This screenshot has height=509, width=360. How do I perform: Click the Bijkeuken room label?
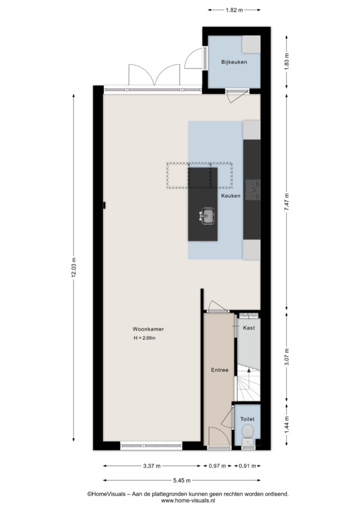pyautogui.click(x=234, y=62)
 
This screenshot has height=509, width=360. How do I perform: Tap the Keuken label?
pyautogui.click(x=231, y=196)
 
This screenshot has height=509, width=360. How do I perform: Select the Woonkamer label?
pyautogui.click(x=148, y=329)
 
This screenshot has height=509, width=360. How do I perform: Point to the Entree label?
pyautogui.click(x=220, y=370)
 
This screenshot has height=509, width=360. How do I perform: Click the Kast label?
pyautogui.click(x=249, y=328)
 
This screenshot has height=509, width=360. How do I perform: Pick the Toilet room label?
pyautogui.click(x=247, y=419)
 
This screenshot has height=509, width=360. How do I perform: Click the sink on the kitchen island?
pyautogui.click(x=207, y=216)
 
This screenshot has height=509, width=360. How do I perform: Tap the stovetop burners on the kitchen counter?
pyautogui.click(x=253, y=190)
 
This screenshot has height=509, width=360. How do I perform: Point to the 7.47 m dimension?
pyautogui.click(x=286, y=202)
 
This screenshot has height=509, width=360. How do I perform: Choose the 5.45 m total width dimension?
pyautogui.click(x=181, y=481)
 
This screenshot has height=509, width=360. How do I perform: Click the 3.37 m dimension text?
pyautogui.click(x=152, y=466)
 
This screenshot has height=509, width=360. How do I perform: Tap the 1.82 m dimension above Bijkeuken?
pyautogui.click(x=234, y=10)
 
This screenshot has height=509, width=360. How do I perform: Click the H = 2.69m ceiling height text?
pyautogui.click(x=145, y=338)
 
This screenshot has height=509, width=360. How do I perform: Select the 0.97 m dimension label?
pyautogui.click(x=217, y=466)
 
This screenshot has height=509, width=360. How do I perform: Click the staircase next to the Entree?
pyautogui.click(x=248, y=382)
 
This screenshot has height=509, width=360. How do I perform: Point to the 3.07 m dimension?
pyautogui.click(x=286, y=357)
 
